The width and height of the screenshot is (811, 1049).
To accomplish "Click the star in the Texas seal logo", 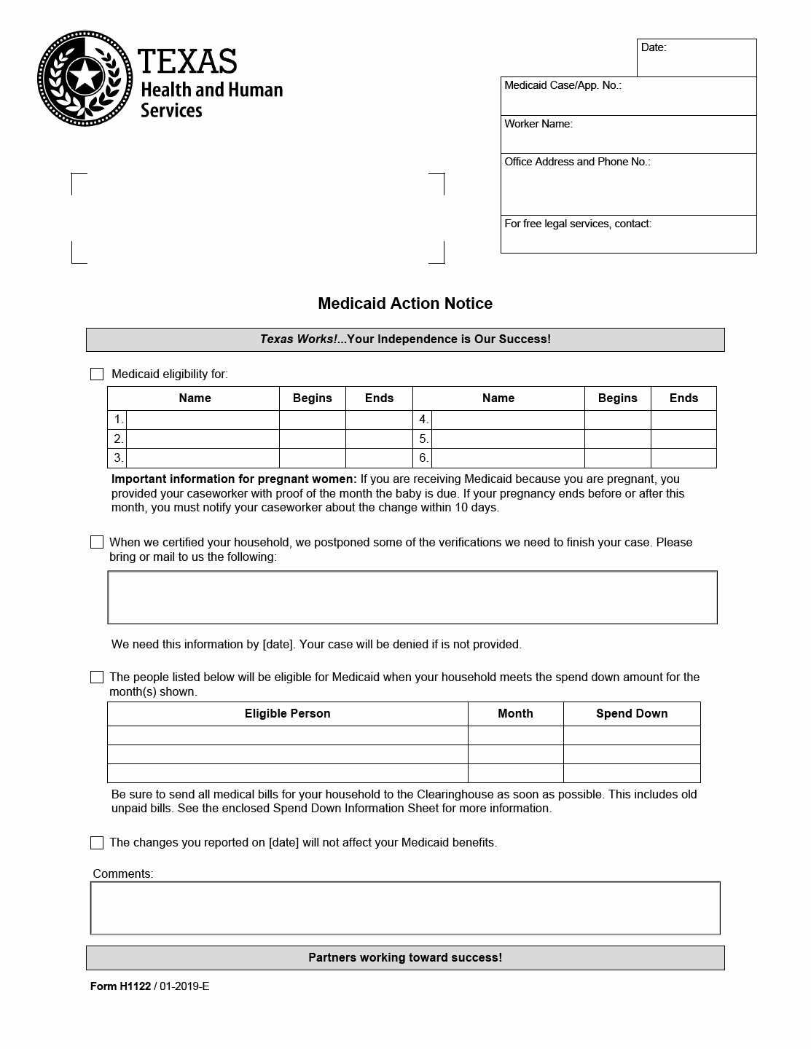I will coord(84,76).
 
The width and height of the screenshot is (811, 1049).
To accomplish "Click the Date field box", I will coord(697,58).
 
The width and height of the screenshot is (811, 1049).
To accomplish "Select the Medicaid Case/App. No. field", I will coord(628,97).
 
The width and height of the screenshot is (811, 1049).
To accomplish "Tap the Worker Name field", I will coord(628,135).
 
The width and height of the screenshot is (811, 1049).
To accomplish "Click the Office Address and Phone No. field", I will coord(628,185).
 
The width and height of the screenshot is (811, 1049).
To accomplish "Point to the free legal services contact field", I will coord(628,235).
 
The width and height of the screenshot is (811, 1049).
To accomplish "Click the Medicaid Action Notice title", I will coord(405,304).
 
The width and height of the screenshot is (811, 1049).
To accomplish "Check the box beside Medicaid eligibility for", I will coord(97,374).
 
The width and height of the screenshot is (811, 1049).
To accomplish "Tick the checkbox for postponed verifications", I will coord(97,542).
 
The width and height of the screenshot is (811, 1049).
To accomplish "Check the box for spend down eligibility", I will coord(97,677).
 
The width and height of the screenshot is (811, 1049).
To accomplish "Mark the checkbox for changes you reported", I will coord(97,843).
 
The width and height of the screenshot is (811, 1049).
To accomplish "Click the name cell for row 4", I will coord(508,420).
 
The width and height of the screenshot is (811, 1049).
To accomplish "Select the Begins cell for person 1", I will coord(312,420).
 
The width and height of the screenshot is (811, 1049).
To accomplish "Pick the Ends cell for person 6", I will coord(683,458).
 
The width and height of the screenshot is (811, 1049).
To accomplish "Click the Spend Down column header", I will coord(632,714).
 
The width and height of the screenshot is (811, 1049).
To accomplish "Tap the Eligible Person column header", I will coord(287,714).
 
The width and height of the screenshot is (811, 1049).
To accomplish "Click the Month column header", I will coord(515,714).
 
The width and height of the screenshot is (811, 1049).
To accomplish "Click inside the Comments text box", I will coord(405,908).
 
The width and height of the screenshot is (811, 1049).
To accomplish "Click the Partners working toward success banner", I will coord(405,958).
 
